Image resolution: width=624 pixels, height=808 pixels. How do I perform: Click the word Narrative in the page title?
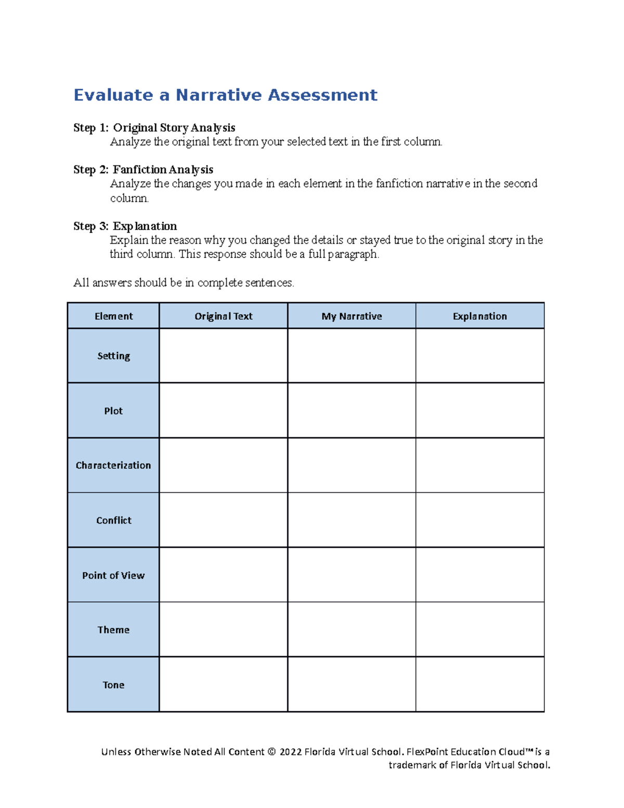(218, 95)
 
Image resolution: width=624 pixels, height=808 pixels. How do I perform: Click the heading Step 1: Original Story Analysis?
(154, 128)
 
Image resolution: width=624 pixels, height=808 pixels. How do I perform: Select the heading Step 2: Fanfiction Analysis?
(143, 170)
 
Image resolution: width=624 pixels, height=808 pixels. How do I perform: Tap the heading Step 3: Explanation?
(125, 226)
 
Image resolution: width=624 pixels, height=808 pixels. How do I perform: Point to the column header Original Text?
(223, 316)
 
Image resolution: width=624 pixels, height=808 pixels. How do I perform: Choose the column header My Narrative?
(352, 316)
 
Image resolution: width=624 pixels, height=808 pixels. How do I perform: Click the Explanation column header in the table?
(479, 316)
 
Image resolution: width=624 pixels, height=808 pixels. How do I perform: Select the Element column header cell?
(113, 316)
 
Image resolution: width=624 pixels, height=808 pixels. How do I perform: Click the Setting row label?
(113, 356)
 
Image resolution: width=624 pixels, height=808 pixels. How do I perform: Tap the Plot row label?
(113, 411)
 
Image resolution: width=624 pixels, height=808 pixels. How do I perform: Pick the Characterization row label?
(113, 466)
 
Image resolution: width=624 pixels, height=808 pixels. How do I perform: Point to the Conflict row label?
(113, 520)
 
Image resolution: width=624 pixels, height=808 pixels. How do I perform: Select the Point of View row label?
(113, 575)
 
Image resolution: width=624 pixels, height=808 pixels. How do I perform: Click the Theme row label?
(113, 630)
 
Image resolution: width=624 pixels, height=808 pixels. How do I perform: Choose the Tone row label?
(113, 685)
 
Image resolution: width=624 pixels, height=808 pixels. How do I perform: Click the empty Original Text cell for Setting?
(223, 356)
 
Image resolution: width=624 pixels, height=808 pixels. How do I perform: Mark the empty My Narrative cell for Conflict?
(352, 520)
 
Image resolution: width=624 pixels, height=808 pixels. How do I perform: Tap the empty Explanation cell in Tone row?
(479, 685)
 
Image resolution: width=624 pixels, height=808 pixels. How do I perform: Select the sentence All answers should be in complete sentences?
(184, 283)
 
